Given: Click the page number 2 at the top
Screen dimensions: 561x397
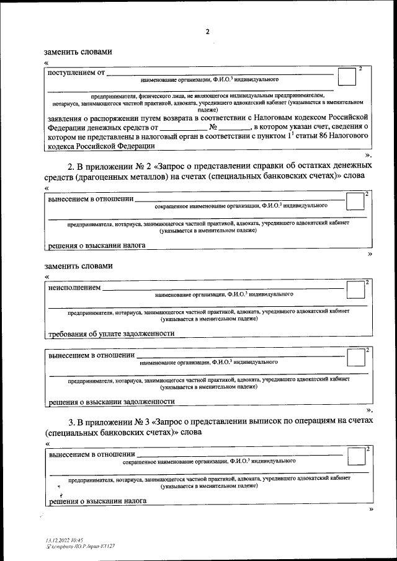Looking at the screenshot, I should [x=208, y=32].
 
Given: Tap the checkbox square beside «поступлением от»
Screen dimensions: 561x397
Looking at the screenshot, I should [x=346, y=77].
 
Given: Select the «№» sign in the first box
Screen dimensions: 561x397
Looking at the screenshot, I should [x=213, y=126].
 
